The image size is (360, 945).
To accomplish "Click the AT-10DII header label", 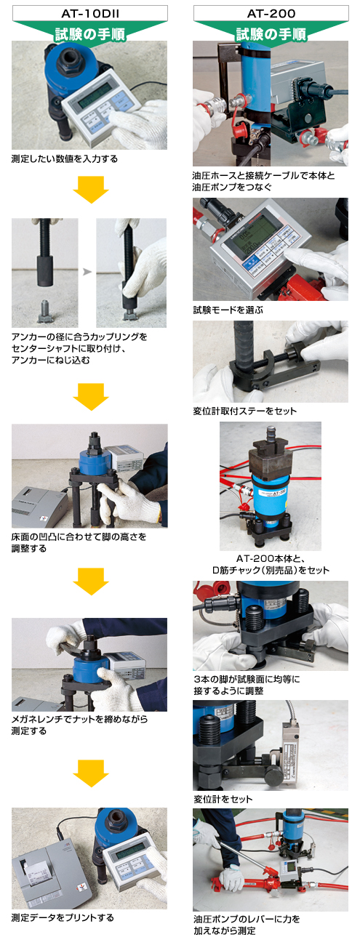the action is [x=90, y=14].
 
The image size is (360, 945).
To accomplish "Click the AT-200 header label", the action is [x=271, y=14].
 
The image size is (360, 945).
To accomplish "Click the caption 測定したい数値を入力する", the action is [x=65, y=159].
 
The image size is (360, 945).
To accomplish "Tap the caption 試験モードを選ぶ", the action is [x=228, y=310].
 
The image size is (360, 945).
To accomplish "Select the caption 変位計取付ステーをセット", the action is [x=245, y=411].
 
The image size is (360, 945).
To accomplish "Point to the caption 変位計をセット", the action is [x=223, y=799].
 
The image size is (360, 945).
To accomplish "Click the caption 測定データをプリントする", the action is [x=63, y=917].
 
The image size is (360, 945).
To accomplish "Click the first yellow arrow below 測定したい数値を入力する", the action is [x=91, y=190].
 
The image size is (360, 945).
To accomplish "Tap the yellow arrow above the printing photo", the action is [x=91, y=773].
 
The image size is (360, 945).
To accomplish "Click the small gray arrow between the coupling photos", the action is [x=87, y=272].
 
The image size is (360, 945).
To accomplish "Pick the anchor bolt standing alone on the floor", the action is [x=45, y=311].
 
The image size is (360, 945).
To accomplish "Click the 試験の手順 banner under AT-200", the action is [x=271, y=33].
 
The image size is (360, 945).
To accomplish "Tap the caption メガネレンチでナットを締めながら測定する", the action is [x=79, y=725].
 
